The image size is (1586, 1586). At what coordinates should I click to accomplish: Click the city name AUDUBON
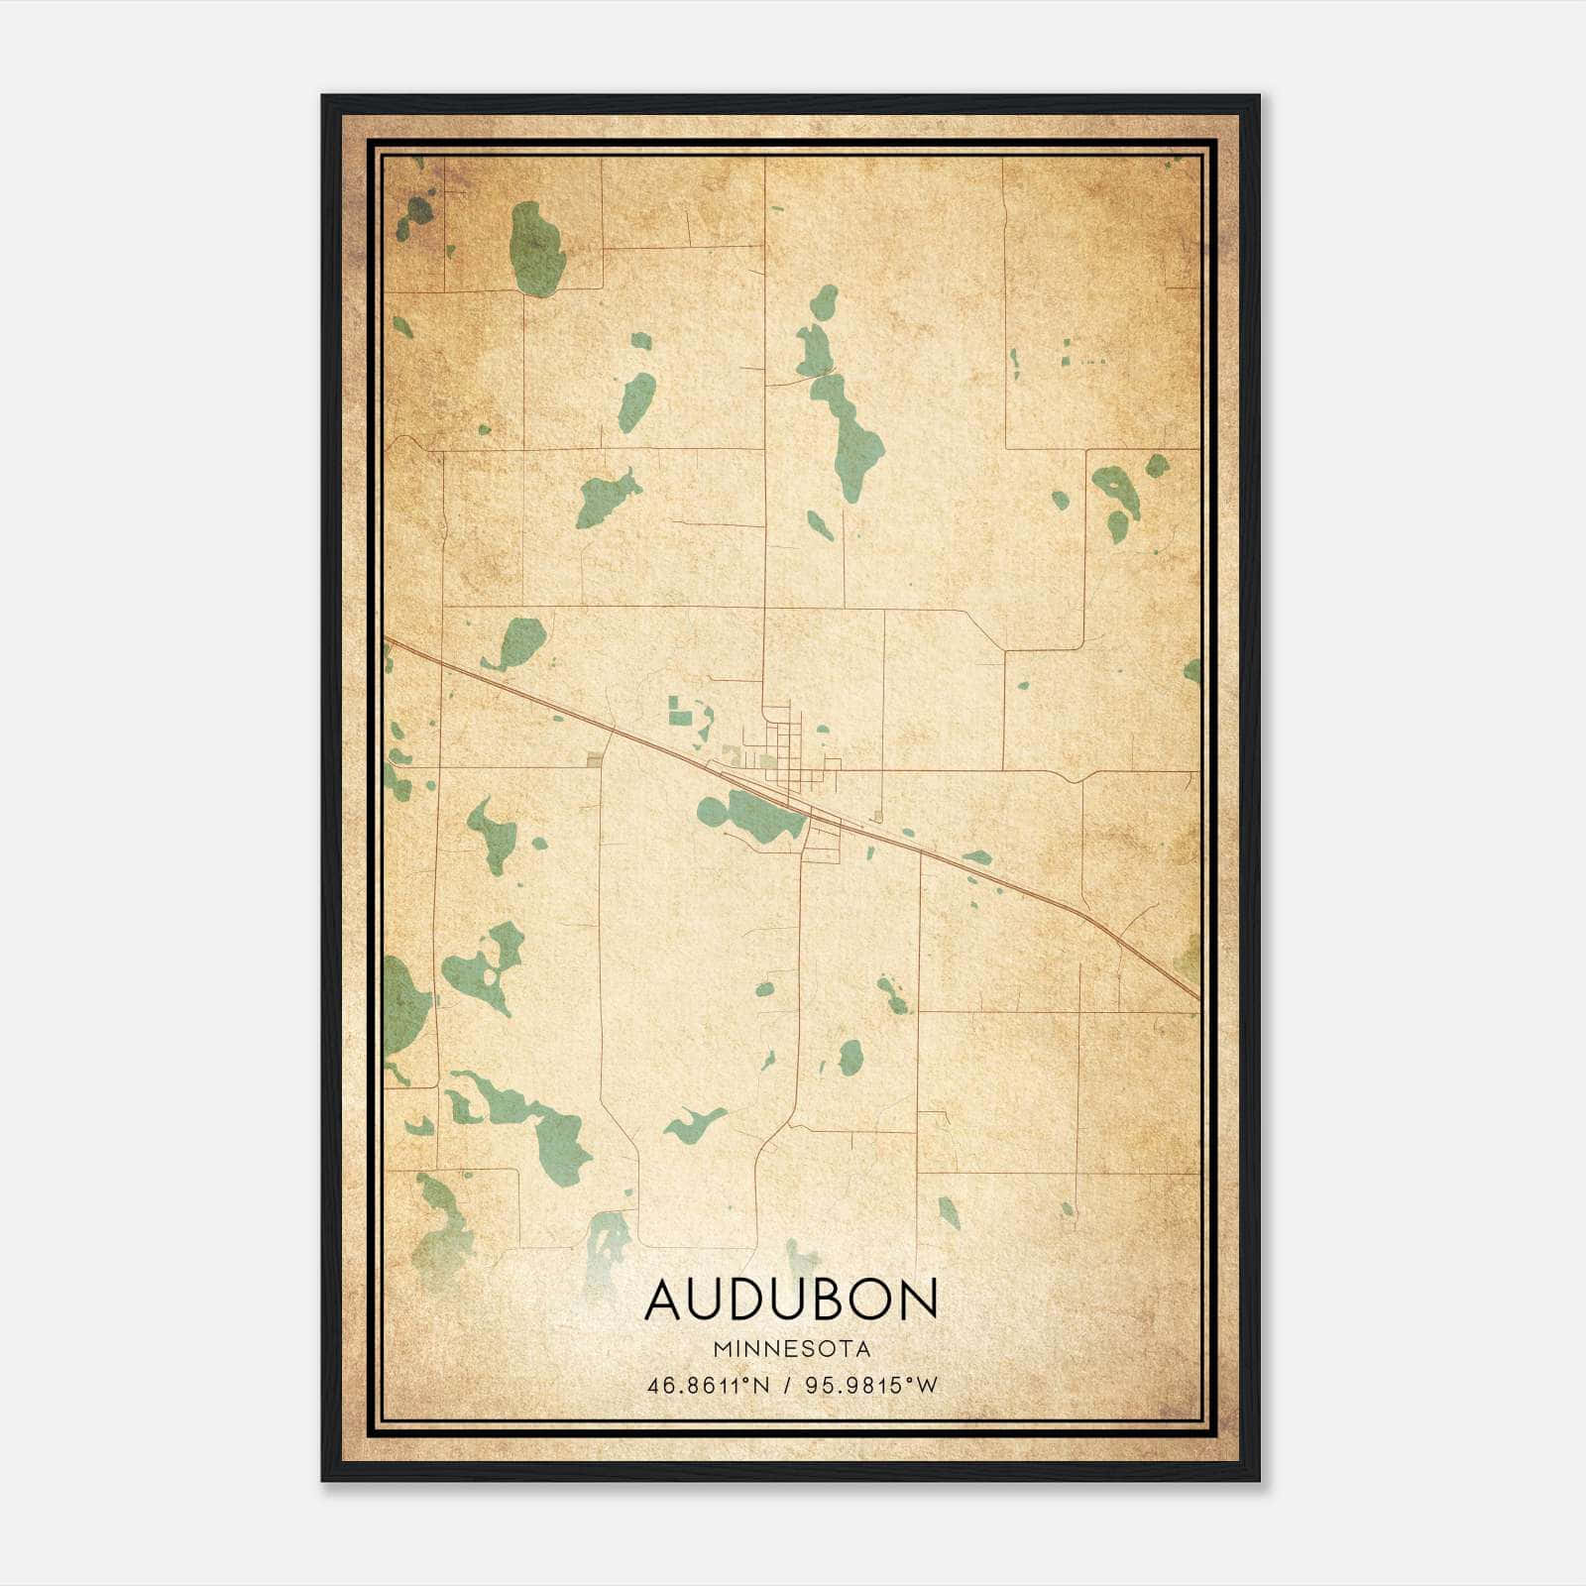pyautogui.click(x=791, y=1300)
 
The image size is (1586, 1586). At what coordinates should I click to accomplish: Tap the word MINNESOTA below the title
pyautogui.click(x=791, y=1349)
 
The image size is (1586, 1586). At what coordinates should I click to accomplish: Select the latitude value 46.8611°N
pyautogui.click(x=708, y=1386)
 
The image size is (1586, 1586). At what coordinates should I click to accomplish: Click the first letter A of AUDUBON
pyautogui.click(x=664, y=1300)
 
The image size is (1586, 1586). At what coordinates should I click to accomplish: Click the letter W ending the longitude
pyautogui.click(x=928, y=1386)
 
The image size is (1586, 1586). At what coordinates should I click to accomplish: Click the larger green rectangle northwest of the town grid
pyautogui.click(x=680, y=708)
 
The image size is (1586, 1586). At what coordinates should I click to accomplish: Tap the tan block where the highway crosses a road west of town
pyautogui.click(x=594, y=760)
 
